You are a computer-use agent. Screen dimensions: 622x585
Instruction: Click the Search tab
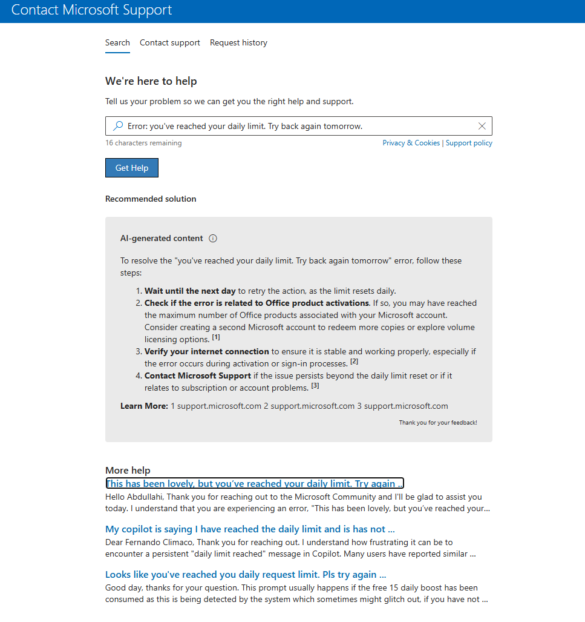tap(117, 43)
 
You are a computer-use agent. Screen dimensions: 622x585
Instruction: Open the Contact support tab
tap(170, 43)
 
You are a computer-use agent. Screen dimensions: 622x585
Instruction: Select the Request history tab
tap(238, 43)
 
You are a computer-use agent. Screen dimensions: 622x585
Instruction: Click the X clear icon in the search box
tap(482, 126)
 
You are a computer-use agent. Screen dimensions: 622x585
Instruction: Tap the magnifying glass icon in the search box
tap(118, 126)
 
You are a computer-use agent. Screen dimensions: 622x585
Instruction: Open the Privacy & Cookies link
tap(411, 143)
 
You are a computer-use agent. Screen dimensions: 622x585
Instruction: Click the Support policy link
tap(469, 143)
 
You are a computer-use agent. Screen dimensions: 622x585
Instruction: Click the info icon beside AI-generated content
tap(213, 239)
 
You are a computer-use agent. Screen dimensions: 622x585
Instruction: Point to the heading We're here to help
tap(151, 81)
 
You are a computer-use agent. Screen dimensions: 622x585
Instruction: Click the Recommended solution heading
tap(151, 199)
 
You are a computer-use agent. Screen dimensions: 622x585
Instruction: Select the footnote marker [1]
tap(217, 337)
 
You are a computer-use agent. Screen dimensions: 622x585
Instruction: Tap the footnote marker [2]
tap(355, 362)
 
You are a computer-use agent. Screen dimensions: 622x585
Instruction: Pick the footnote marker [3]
tap(315, 386)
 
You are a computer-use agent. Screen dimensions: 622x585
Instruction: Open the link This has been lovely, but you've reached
tap(254, 483)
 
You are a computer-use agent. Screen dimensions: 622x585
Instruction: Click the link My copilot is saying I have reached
tap(250, 529)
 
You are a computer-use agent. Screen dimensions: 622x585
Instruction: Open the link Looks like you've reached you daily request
tap(246, 574)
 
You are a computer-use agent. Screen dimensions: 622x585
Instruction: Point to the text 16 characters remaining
tap(143, 143)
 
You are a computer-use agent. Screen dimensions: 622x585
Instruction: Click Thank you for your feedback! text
tap(438, 422)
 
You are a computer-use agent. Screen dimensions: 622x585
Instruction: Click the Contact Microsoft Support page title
tap(92, 10)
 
